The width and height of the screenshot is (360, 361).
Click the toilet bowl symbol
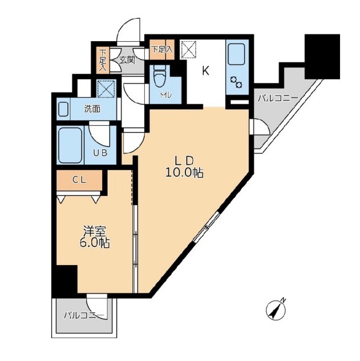point(160,76)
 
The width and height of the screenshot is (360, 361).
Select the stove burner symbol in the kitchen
point(236,82)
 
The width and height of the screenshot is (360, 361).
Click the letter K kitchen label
point(205,71)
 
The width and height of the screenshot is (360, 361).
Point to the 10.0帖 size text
point(184,173)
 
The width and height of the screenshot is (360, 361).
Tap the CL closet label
point(79,181)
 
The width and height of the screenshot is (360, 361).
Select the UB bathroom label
point(100,153)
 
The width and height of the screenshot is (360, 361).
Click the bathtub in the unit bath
point(70,145)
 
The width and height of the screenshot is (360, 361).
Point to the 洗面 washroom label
point(92,109)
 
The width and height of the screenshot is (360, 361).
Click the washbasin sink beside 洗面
point(63,109)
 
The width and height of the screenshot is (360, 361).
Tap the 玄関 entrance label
point(127,60)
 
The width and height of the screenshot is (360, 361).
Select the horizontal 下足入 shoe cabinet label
point(162,50)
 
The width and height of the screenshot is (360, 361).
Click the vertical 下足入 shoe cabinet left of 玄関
point(103,61)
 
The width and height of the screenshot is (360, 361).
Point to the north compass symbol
point(276,310)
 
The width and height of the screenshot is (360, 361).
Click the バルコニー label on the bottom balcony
point(84,315)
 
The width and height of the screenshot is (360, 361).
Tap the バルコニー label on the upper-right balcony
point(277,99)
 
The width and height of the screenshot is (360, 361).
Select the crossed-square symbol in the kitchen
point(188,50)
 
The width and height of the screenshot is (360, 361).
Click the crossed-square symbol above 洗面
point(106,89)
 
